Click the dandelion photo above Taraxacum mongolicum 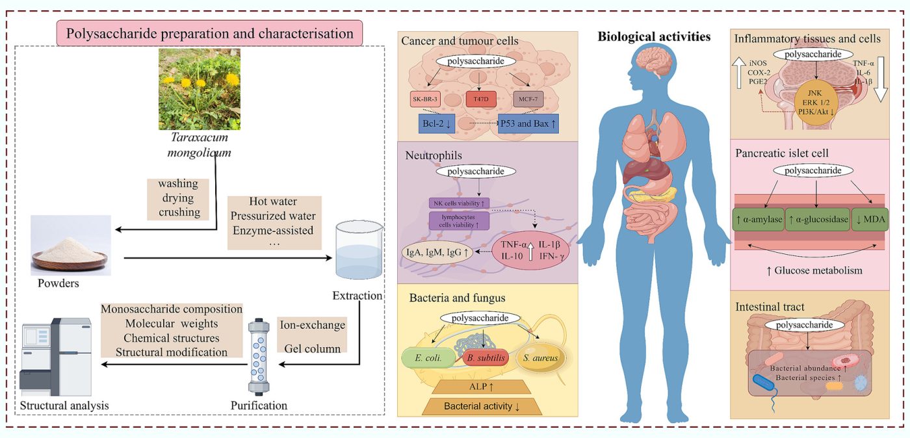[200, 89]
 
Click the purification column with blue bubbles [258, 355]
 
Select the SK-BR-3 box [427, 99]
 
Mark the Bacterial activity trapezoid [480, 407]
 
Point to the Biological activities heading [654, 36]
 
